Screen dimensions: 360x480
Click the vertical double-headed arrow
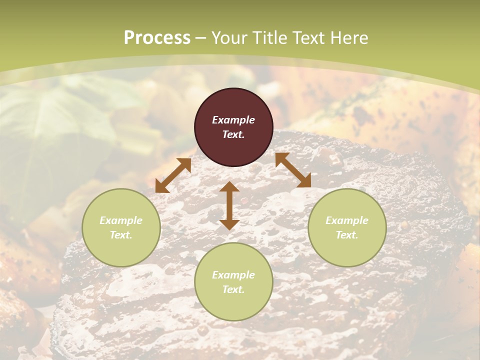click(x=229, y=205)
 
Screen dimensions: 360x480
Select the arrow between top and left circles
click(x=173, y=175)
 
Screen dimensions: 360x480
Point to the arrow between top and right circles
click(x=293, y=170)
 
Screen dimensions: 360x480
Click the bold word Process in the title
click(x=157, y=38)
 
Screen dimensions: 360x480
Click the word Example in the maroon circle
click(x=233, y=120)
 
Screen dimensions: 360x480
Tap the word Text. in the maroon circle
click(x=233, y=135)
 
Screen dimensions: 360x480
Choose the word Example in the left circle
click(x=121, y=220)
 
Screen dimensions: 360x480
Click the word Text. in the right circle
click(x=347, y=235)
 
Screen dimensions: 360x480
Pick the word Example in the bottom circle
click(x=233, y=275)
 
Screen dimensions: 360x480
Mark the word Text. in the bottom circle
click(x=233, y=290)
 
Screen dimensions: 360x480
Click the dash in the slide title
click(x=201, y=38)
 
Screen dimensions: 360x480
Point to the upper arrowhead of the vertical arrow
click(x=229, y=187)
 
